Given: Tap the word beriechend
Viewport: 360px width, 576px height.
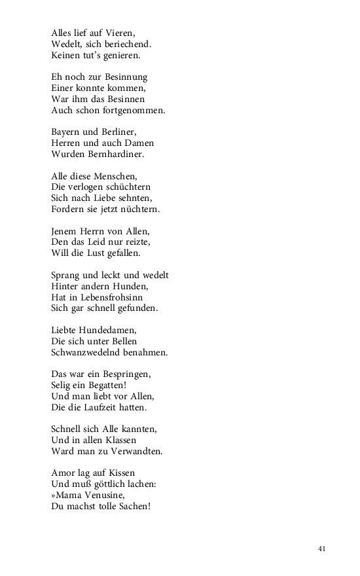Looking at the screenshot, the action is (128, 44).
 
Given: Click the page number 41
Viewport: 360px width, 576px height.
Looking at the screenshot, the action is (321, 549).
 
